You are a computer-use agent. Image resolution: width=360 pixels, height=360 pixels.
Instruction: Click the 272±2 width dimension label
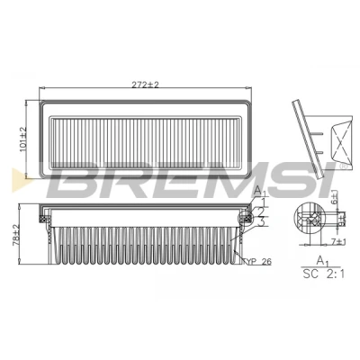145,85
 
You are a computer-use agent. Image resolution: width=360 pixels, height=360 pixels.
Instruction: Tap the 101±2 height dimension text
23,139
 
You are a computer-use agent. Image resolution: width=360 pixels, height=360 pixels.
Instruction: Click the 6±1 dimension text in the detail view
335,197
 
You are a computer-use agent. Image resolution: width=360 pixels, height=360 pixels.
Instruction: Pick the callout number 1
263,202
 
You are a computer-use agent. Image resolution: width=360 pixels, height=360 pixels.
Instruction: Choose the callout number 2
261,211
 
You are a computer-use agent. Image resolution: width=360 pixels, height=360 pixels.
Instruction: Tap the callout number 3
261,222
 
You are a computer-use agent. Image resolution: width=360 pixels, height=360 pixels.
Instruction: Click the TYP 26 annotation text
259,262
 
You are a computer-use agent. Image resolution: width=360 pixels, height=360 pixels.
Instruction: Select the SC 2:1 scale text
324,274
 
